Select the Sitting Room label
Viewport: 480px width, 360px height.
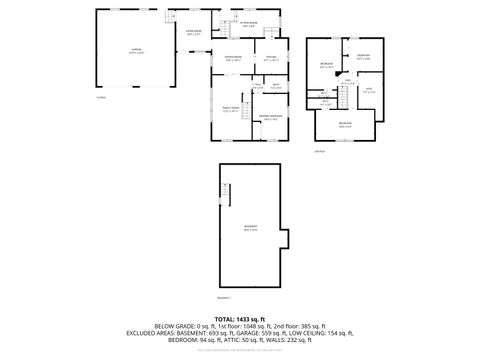pos(248,24)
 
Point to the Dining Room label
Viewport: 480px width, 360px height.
pos(231,58)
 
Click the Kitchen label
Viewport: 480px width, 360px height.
pos(270,58)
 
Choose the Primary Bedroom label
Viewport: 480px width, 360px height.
pos(269,118)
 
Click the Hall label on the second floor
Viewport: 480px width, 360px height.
pos(347,82)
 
